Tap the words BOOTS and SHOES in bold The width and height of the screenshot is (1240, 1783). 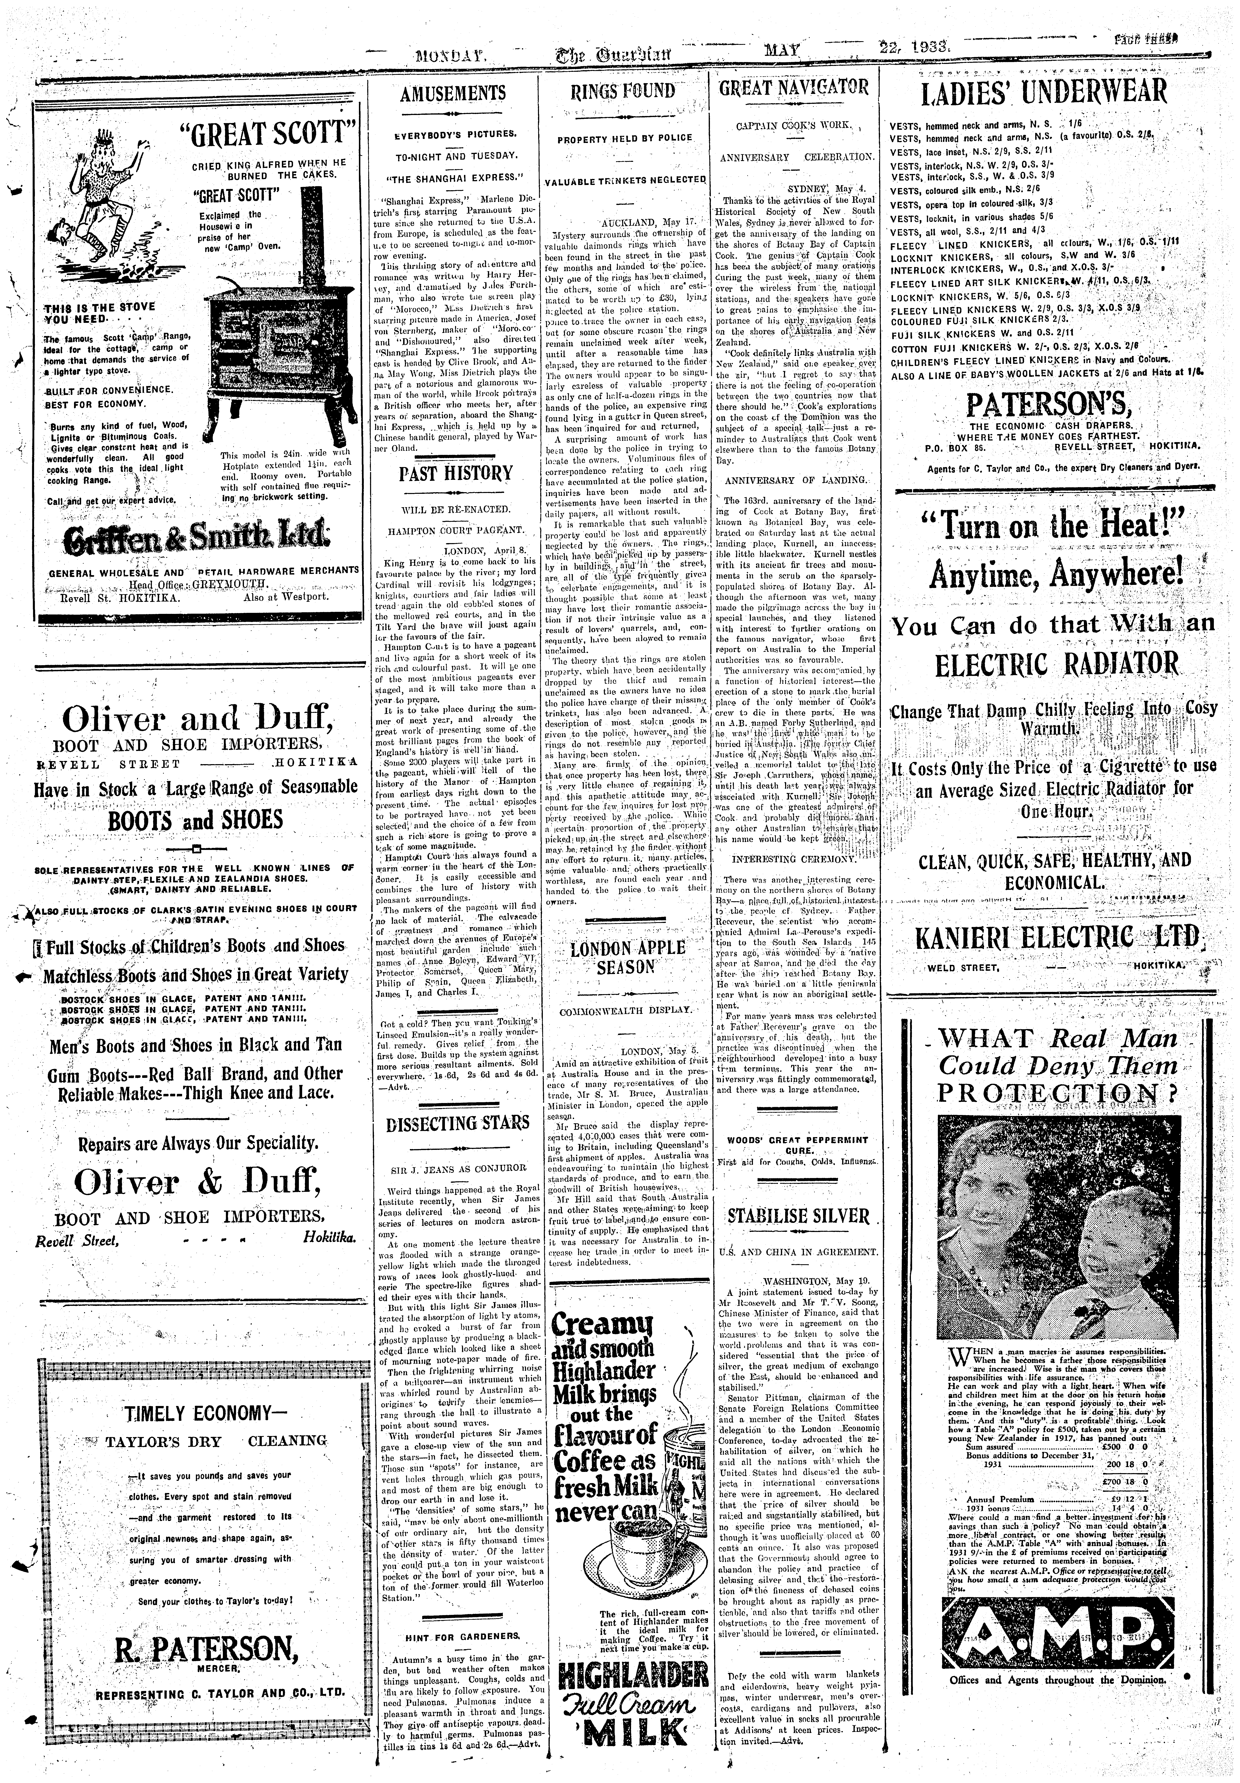(196, 821)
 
